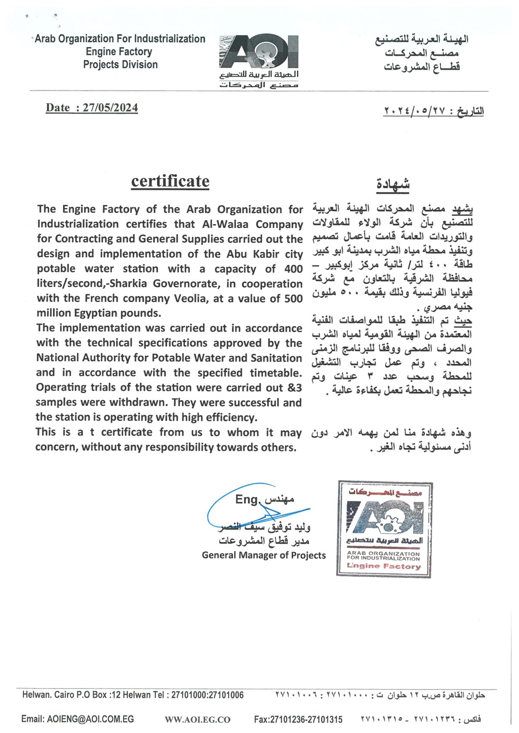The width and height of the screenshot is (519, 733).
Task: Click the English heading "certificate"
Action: tap(170, 181)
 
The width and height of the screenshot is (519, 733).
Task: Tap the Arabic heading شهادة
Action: tap(393, 185)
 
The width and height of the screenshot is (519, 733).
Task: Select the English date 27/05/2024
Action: tap(110, 108)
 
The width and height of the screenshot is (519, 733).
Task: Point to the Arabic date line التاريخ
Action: tap(433, 111)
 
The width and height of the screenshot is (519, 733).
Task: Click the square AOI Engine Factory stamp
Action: tap(384, 529)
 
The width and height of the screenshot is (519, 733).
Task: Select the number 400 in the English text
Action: tap(293, 269)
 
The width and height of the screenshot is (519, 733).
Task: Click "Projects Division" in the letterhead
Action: tap(120, 65)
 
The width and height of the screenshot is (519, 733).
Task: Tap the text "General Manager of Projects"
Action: tap(263, 555)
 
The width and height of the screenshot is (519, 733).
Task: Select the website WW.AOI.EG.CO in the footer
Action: tap(197, 720)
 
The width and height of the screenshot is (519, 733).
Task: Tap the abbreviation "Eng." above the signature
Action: tap(247, 499)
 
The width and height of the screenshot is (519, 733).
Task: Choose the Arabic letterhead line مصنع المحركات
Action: tap(421, 53)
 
